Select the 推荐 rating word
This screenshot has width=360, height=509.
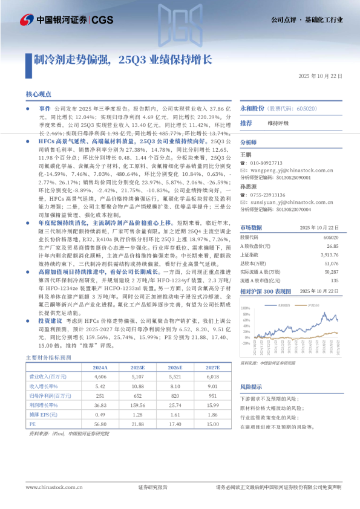246,123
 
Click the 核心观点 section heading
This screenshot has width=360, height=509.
38,95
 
